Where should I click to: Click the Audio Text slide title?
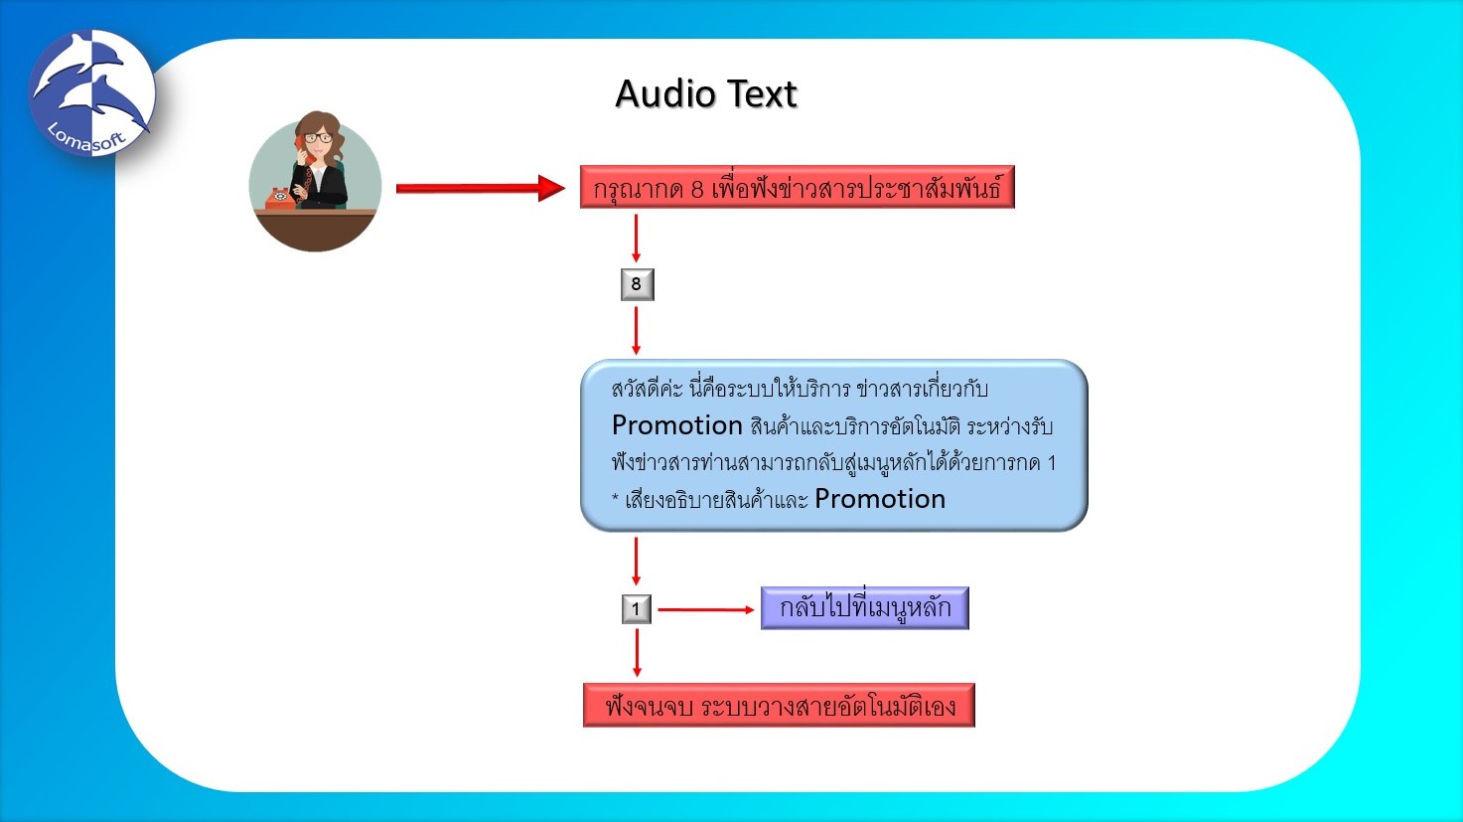coord(706,94)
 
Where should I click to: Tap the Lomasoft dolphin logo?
coord(91,93)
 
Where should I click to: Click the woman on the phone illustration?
coord(315,181)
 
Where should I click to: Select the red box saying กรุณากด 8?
coord(797,188)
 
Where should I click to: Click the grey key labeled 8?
coord(637,284)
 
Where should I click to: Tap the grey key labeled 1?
coord(637,609)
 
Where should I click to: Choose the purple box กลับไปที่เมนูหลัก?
coord(864,608)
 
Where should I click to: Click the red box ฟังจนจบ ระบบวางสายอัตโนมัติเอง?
coord(779,706)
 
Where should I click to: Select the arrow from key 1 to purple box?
coord(705,609)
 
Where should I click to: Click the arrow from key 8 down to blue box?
coord(637,330)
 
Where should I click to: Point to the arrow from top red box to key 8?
coord(637,239)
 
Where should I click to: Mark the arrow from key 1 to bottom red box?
coord(637,653)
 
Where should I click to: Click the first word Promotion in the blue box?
coord(677,425)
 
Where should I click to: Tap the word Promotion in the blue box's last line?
coord(879,499)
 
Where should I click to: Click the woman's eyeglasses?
coord(318,138)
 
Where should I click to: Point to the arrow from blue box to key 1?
coord(637,562)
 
